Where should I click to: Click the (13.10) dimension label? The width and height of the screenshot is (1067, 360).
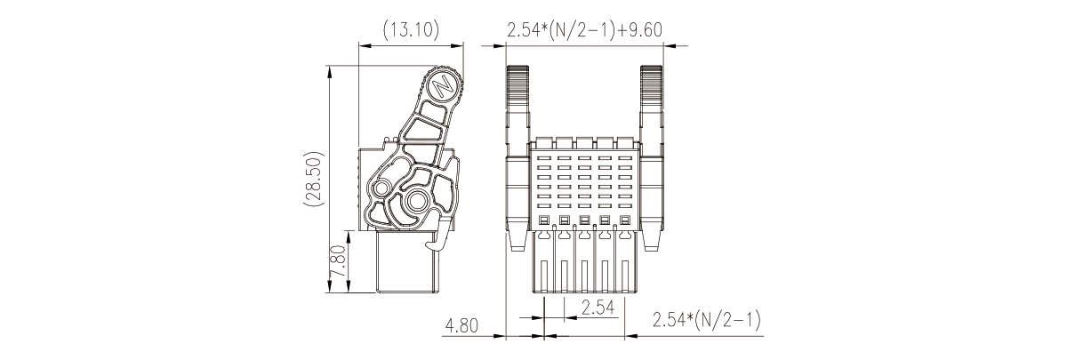point(411,30)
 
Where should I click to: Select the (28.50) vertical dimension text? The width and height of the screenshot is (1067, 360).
point(314,179)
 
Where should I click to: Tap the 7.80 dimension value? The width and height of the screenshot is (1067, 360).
point(337,261)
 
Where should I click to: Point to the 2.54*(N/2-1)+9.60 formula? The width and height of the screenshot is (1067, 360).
point(584,30)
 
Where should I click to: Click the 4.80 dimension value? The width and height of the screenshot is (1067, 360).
point(461,325)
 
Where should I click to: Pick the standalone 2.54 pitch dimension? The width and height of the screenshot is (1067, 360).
point(598,308)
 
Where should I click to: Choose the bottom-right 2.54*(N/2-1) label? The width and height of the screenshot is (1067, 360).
point(706,320)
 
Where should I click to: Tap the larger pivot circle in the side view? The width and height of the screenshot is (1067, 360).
point(417,201)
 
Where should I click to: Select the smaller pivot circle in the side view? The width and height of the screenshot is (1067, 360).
point(381,189)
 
